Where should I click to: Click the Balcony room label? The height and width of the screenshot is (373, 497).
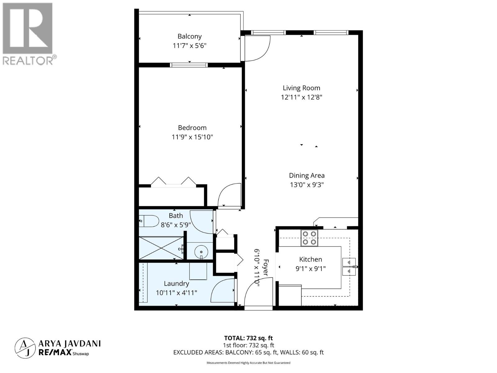coord(189,36)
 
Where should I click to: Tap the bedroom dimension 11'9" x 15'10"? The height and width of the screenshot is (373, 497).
coord(192,137)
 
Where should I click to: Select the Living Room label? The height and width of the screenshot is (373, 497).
coord(301,88)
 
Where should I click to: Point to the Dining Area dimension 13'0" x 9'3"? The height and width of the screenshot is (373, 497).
coord(307,185)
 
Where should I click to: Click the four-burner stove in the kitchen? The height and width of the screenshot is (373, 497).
coord(309,238)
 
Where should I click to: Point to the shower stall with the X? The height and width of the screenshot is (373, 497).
coord(161,248)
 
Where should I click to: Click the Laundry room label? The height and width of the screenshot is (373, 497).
coord(176,283)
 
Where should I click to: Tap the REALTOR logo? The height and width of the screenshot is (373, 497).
coord(28,34)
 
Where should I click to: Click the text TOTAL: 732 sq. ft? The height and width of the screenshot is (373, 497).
coord(248,338)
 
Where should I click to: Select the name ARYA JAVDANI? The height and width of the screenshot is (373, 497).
coord(69,343)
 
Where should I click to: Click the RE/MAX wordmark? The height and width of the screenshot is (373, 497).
coord(55,352)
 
